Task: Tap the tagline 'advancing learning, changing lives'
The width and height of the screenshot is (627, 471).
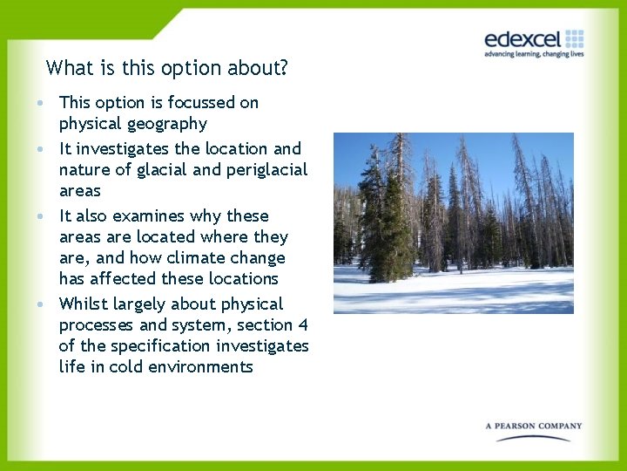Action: [534, 54]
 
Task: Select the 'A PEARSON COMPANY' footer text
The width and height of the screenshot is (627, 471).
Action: [534, 427]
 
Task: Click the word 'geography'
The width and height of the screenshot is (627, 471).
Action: [165, 124]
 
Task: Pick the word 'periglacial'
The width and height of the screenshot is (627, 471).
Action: [266, 170]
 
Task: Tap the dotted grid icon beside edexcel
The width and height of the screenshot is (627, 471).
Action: [574, 38]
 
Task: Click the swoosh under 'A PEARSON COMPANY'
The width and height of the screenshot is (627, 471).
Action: [533, 437]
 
